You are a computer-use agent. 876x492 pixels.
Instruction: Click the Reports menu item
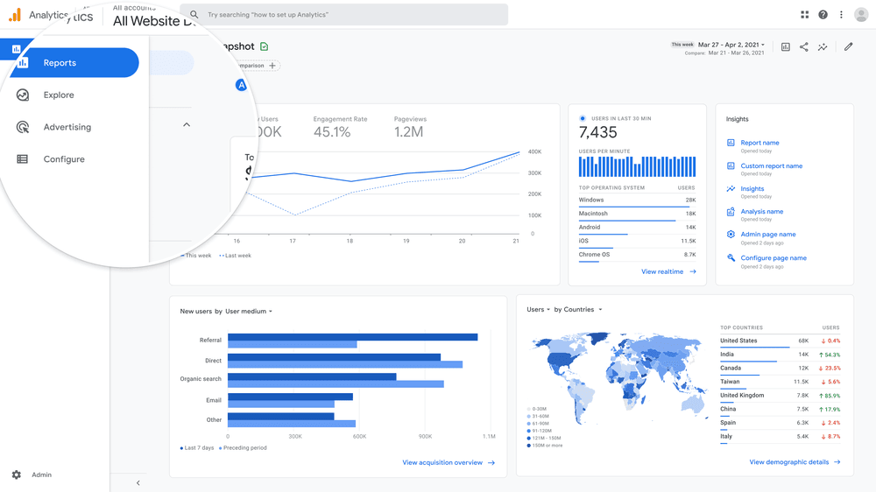pos(60,63)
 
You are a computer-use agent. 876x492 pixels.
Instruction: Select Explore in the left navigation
pos(59,95)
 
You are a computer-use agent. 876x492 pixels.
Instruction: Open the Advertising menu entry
pos(67,127)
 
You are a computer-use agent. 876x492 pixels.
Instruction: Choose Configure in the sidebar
pos(64,159)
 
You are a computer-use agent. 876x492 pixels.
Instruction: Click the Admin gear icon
pos(17,474)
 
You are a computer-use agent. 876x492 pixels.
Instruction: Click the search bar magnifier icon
pos(194,15)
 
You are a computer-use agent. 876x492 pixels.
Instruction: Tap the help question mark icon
pos(823,15)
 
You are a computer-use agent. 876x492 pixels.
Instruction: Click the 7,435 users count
pos(598,133)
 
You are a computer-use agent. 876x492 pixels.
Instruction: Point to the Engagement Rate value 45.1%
pos(332,132)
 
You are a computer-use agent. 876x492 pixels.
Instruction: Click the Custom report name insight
pos(771,165)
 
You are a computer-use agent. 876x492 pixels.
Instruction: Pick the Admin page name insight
pos(767,235)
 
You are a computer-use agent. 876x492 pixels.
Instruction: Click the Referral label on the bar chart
pos(210,341)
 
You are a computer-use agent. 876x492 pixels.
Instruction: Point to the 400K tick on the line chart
pos(534,152)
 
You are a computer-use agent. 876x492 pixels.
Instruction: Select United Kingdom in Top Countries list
pos(741,396)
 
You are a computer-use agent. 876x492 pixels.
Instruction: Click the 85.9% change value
pos(830,396)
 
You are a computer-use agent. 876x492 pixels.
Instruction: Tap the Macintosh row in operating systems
pos(593,214)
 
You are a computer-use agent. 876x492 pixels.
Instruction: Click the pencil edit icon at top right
pos(848,47)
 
